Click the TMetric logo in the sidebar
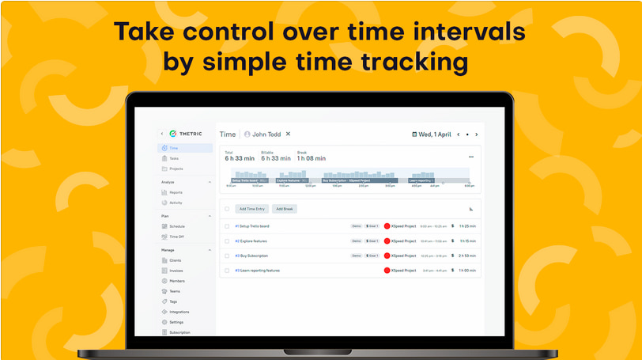point(183,134)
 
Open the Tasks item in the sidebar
point(174,158)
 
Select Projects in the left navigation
point(176,169)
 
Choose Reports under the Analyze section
point(176,192)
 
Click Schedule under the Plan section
point(177,226)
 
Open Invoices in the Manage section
point(176,270)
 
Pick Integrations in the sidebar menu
point(179,312)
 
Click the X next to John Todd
point(288,135)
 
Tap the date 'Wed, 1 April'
point(435,135)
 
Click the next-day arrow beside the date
point(476,135)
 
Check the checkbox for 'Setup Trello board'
point(227,226)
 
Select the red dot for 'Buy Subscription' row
point(387,256)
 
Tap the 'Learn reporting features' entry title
point(260,271)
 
